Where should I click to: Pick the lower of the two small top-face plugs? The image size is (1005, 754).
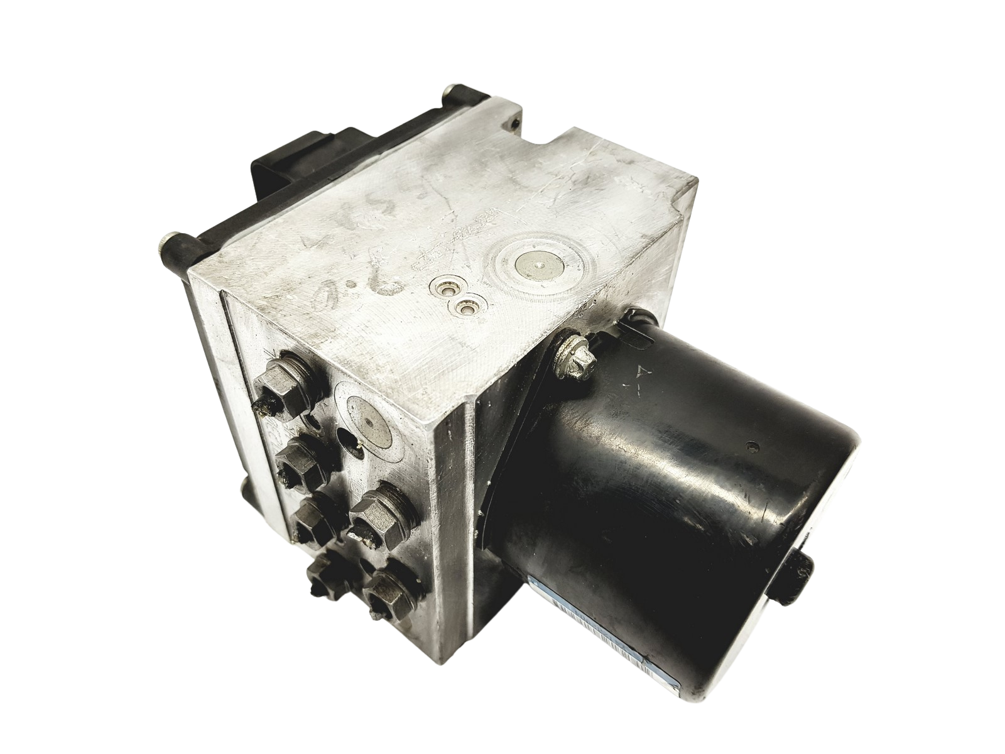click(465, 309)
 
